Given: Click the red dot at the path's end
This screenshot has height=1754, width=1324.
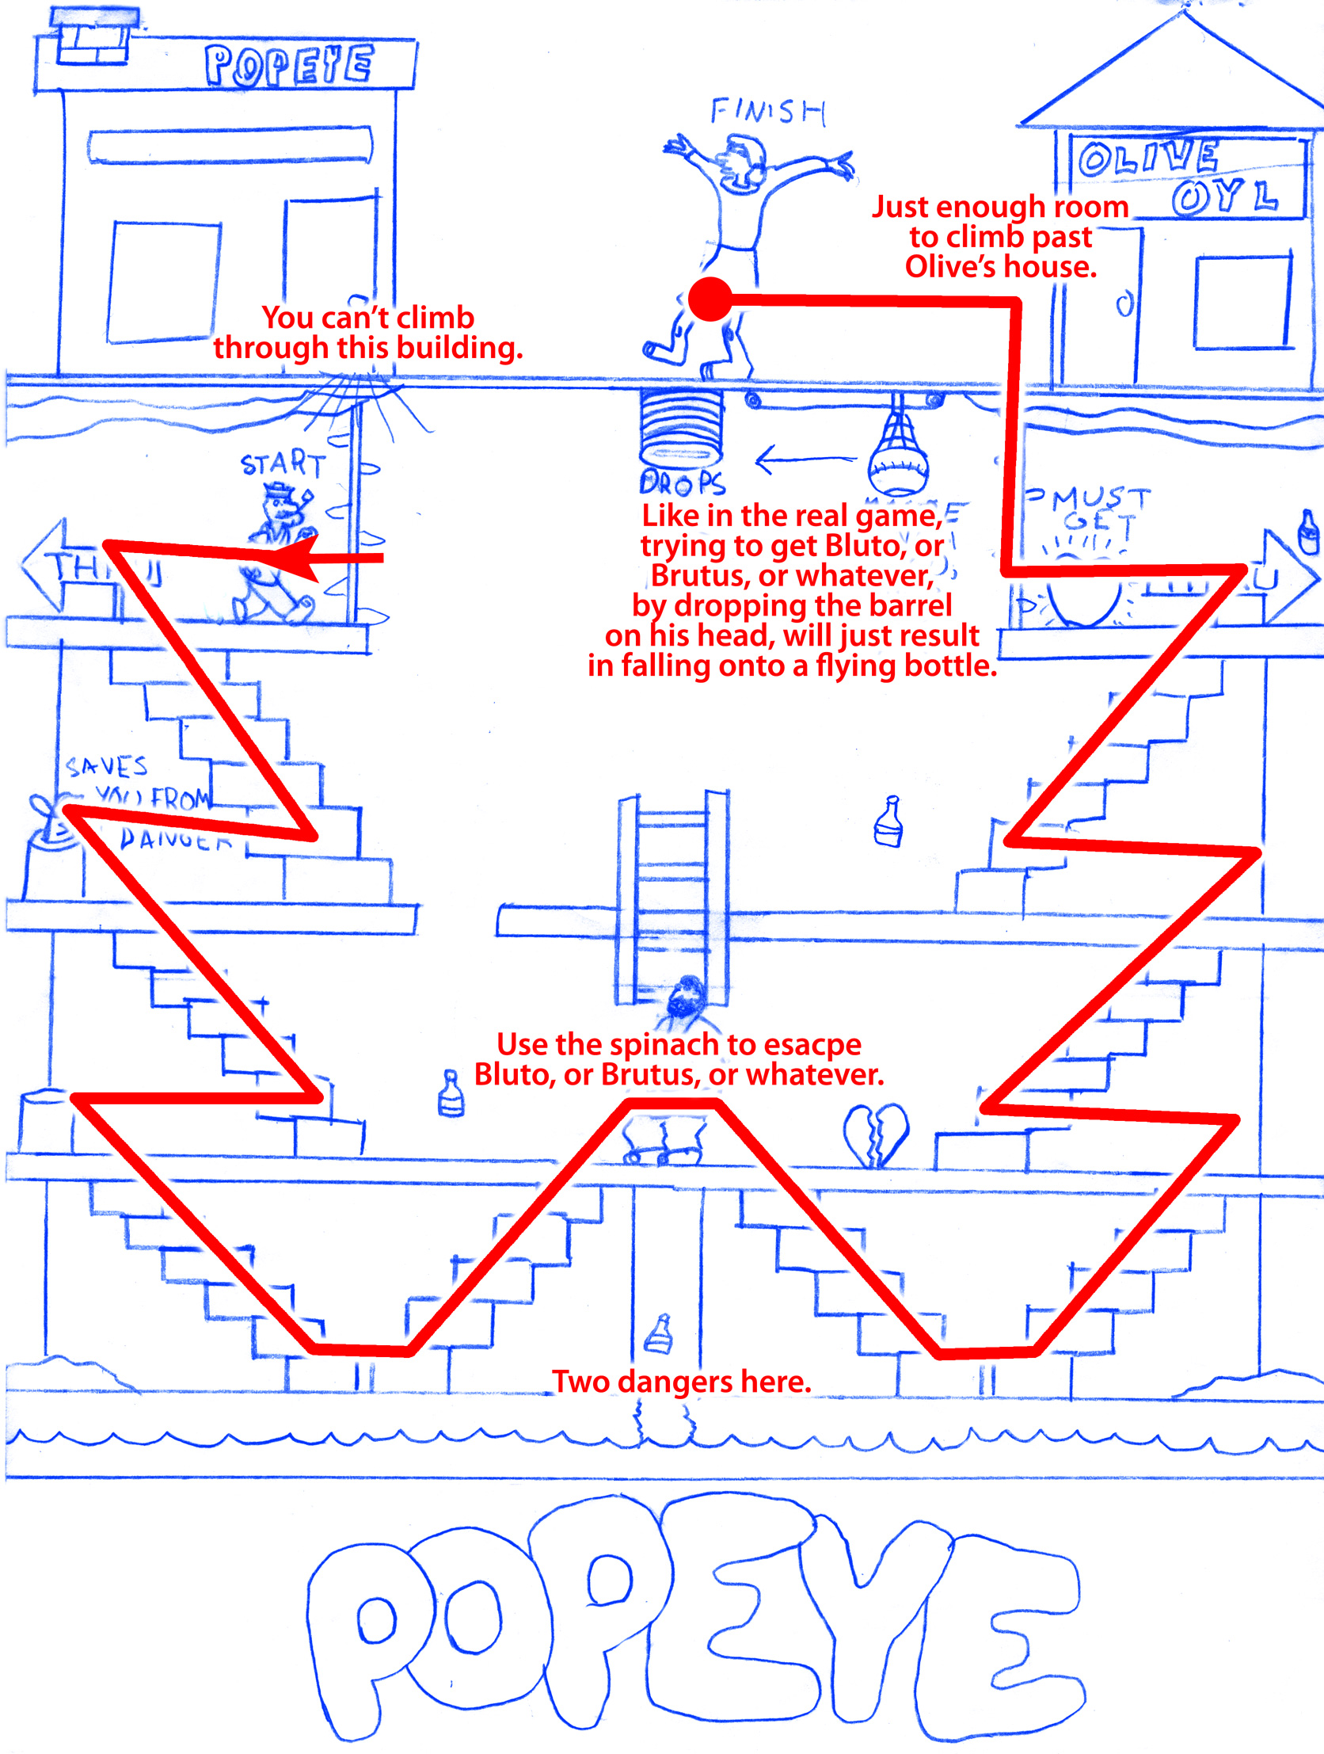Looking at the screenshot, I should click(710, 299).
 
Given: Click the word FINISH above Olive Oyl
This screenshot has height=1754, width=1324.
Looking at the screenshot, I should click(767, 112).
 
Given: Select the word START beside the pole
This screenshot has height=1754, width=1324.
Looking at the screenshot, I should click(283, 463).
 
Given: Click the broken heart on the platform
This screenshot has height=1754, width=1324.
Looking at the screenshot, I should click(875, 1135).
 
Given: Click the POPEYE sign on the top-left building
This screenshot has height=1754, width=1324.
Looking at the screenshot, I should click(288, 65).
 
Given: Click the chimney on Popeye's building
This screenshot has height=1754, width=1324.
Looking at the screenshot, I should click(93, 37).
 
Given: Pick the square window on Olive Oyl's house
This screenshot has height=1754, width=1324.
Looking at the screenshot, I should click(1242, 302).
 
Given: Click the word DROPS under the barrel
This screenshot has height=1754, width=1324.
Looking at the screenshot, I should click(682, 482).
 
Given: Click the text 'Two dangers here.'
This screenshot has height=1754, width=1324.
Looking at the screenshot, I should click(681, 1382).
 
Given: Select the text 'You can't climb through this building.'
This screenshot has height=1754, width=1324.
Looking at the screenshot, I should click(368, 332).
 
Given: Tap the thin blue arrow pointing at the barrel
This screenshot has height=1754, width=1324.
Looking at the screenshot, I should click(805, 459).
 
